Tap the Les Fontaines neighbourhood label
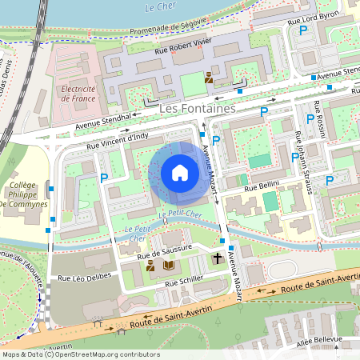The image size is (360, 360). click(x=197, y=106)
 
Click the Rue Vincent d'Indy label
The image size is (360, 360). click(x=118, y=142)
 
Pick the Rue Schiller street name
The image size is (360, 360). click(x=183, y=282)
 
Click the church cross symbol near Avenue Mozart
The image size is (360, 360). click(x=218, y=258)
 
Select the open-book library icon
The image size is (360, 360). click(x=168, y=265)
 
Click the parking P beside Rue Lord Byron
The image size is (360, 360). click(x=302, y=30)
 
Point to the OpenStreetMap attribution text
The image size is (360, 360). click(x=80, y=354)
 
